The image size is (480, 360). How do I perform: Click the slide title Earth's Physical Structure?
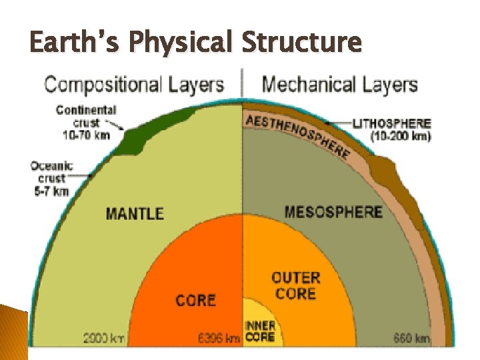tap(195, 43)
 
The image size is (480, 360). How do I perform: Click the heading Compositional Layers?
tap(133, 85)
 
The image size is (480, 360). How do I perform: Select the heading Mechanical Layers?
tap(340, 85)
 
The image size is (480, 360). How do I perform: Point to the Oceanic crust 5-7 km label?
tap(51, 178)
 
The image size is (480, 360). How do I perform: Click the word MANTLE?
tap(135, 213)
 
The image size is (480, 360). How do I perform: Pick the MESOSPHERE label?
tap(333, 212)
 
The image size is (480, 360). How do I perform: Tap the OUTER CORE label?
tap(296, 285)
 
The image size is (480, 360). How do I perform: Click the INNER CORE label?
tap(260, 331)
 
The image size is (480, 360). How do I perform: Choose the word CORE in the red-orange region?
tap(195, 300)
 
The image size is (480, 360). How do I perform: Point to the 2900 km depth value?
tap(104, 339)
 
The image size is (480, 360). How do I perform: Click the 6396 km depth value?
tap(219, 339)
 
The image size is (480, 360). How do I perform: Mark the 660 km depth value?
tap(413, 339)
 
